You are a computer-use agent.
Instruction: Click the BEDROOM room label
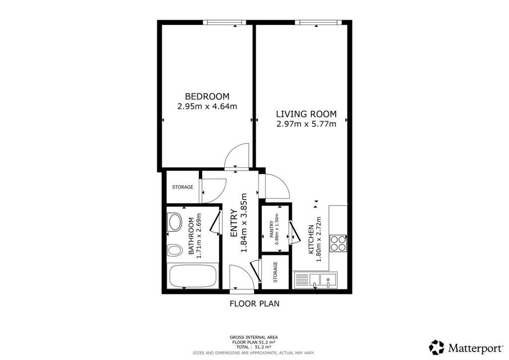207,96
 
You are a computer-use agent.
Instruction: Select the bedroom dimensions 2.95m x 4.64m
207,106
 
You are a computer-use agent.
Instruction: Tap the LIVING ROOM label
306,114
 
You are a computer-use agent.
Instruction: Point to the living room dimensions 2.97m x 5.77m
306,124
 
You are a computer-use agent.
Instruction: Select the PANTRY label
272,230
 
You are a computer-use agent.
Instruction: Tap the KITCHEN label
311,240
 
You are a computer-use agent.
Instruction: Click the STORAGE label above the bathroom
182,187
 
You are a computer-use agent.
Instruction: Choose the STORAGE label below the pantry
275,272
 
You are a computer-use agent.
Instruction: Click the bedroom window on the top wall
225,22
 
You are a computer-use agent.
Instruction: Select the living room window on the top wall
318,22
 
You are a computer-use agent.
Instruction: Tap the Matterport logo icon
436,347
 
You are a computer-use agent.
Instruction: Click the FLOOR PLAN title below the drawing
254,303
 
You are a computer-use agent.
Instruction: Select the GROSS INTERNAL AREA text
254,337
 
